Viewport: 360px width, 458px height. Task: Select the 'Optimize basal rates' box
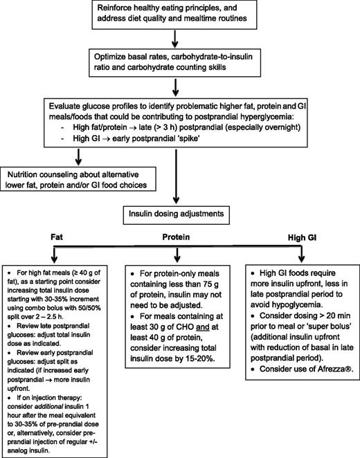tap(179, 66)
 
